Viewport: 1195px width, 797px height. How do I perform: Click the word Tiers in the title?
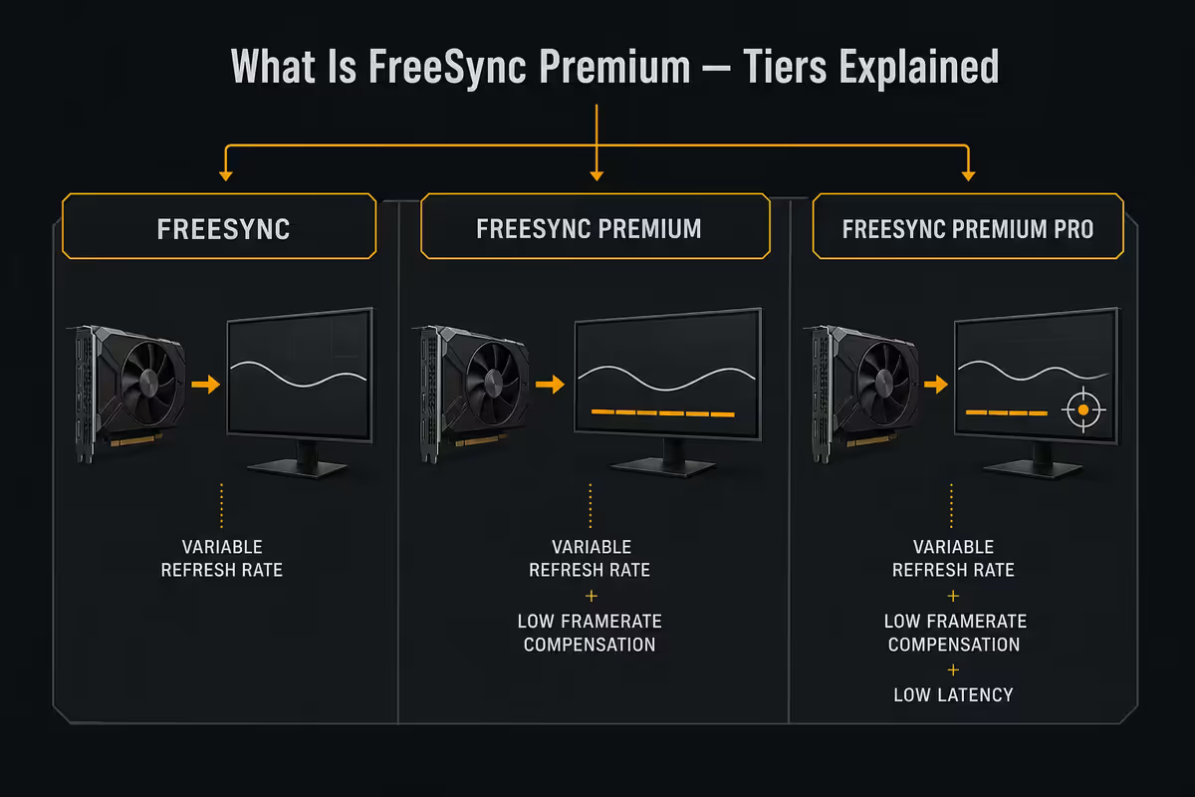[x=785, y=67]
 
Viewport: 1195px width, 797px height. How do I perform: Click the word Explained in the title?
[x=918, y=68]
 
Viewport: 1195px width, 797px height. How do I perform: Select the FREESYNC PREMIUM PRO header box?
[x=968, y=226]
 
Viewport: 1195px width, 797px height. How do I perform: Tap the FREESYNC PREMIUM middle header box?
[x=595, y=226]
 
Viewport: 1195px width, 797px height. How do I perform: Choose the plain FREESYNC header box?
[x=219, y=226]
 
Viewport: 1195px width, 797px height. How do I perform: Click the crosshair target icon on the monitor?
[x=1083, y=410]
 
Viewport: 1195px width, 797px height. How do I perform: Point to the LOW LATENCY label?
[x=953, y=695]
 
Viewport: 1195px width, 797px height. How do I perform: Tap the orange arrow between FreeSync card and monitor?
[x=206, y=384]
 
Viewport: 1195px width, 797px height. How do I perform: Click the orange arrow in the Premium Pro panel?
[x=936, y=384]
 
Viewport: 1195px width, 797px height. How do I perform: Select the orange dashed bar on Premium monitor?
[x=662, y=413]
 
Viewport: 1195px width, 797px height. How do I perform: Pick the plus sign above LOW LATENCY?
[x=953, y=669]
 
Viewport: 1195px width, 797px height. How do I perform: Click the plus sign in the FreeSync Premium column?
[x=592, y=596]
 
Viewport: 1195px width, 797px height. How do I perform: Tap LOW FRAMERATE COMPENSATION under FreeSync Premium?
[x=590, y=633]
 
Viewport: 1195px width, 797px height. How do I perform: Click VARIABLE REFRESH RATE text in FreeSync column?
[x=222, y=558]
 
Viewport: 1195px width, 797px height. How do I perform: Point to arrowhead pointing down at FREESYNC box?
[x=226, y=175]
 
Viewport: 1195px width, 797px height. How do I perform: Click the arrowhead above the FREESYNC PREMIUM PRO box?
[x=968, y=175]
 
